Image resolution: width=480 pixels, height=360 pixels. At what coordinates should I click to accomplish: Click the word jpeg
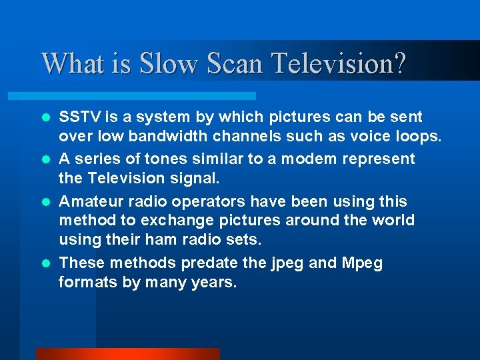pyautogui.click(x=287, y=263)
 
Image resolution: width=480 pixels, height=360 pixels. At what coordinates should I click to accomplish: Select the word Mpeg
pyautogui.click(x=362, y=263)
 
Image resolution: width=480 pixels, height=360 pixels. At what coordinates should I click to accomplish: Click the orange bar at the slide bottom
pyautogui.click(x=127, y=354)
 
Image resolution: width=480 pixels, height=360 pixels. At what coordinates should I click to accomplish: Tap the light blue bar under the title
pyautogui.click(x=147, y=96)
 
